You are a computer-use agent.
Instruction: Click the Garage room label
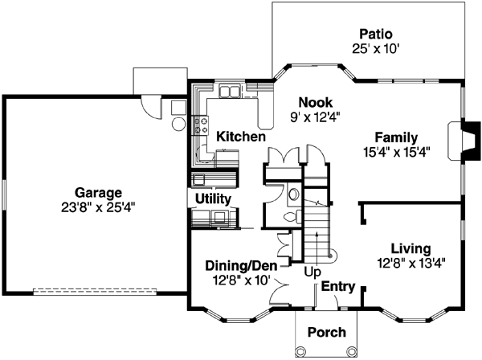(x=99, y=192)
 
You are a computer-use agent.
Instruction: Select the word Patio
(x=375, y=34)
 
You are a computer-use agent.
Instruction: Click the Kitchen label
(x=240, y=137)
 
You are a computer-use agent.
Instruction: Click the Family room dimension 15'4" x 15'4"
(x=396, y=150)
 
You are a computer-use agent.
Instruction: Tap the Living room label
(x=411, y=247)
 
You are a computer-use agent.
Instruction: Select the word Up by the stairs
(x=313, y=272)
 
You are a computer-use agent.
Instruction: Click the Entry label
(x=339, y=286)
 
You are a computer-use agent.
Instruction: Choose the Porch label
(x=327, y=331)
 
